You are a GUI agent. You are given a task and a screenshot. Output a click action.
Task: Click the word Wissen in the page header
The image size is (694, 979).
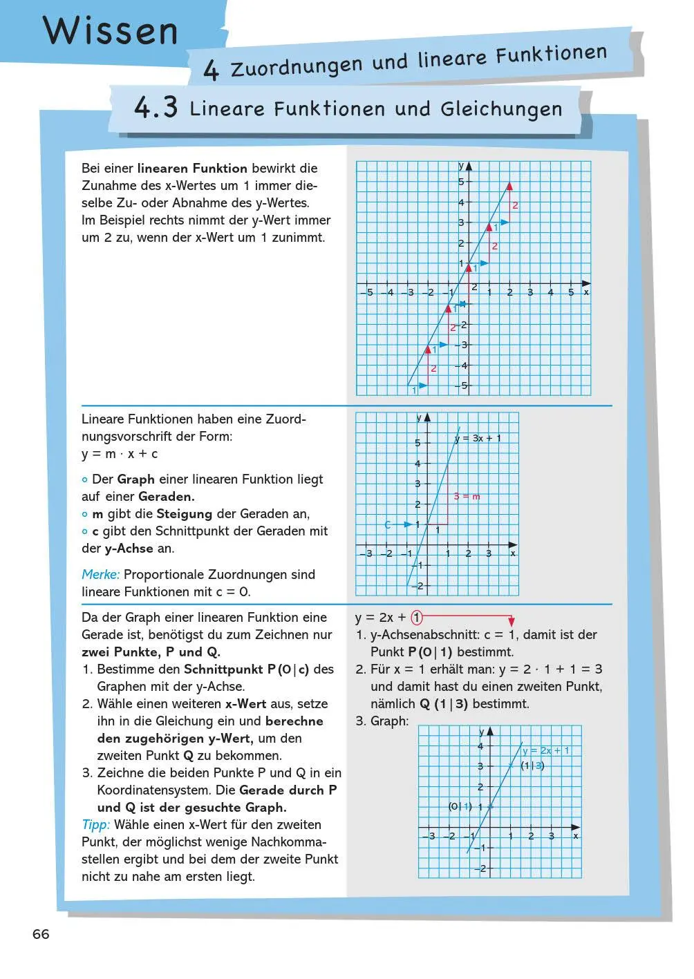(111, 30)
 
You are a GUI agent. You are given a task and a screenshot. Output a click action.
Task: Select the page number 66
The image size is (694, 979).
(41, 934)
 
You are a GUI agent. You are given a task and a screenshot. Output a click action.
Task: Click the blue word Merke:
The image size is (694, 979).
(100, 574)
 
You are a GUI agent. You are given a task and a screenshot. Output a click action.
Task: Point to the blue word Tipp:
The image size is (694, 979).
(95, 824)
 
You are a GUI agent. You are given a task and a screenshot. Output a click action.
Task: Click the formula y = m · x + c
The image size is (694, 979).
(120, 454)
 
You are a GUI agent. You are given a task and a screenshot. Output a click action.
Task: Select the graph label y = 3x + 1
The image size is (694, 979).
(478, 438)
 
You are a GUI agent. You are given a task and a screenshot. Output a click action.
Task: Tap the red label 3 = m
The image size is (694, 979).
(467, 496)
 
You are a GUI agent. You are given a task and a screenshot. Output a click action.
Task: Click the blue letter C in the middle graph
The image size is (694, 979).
(388, 525)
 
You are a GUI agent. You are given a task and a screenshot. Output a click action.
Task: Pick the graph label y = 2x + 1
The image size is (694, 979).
(546, 750)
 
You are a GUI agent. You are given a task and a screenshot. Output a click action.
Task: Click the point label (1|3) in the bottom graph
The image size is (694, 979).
(532, 766)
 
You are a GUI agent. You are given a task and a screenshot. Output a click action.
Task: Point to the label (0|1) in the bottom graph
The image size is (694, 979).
(460, 806)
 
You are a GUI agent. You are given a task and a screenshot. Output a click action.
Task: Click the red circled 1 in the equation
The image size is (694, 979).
(417, 618)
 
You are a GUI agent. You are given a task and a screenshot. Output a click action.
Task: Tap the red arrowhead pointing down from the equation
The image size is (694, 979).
(512, 622)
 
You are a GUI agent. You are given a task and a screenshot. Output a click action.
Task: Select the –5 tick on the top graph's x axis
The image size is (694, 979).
(367, 293)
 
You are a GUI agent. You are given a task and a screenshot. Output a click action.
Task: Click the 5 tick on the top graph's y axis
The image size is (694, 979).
(461, 182)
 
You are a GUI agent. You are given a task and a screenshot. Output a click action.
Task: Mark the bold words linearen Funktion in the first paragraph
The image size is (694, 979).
(192, 168)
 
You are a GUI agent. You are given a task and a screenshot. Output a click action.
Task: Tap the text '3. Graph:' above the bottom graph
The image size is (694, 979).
(382, 721)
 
